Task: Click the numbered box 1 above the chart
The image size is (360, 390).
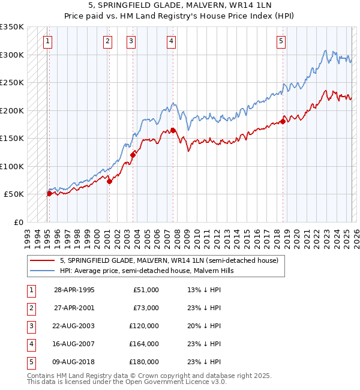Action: click(x=47, y=41)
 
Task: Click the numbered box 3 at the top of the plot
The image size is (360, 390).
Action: click(x=131, y=41)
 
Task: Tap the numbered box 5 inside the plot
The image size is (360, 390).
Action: click(x=281, y=41)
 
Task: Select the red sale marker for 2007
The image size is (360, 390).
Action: click(x=173, y=130)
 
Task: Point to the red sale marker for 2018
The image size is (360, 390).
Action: click(x=282, y=121)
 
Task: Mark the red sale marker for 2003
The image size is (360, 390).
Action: click(x=133, y=155)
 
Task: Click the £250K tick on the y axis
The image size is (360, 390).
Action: click(x=12, y=82)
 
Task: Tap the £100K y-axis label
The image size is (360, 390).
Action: click(x=12, y=166)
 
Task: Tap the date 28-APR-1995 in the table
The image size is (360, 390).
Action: click(x=74, y=290)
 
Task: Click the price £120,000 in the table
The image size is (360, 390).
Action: click(x=144, y=326)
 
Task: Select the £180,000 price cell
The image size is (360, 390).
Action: click(x=144, y=362)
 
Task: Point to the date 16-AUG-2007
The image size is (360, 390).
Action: click(x=74, y=344)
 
